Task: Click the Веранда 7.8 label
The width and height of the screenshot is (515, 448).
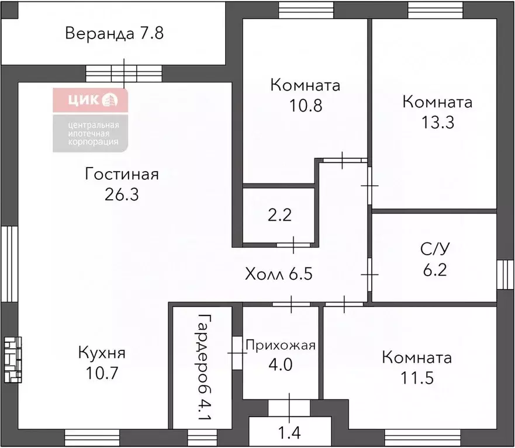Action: (x=115, y=33)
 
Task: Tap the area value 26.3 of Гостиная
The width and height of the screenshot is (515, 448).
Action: (x=122, y=195)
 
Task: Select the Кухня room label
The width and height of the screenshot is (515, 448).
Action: (x=102, y=353)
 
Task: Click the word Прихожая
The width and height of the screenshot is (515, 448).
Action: (x=281, y=345)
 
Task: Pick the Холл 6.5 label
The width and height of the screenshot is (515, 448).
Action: (x=278, y=274)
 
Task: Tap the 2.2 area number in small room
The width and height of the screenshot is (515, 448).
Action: (x=279, y=216)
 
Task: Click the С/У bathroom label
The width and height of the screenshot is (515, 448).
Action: (x=435, y=249)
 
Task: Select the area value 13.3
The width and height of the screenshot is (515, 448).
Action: (x=437, y=123)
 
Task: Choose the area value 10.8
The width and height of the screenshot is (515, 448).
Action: (x=306, y=106)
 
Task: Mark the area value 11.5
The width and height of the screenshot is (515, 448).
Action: (x=417, y=378)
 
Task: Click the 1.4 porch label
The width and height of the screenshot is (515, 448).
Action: (x=289, y=433)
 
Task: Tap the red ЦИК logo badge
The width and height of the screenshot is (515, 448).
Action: (x=91, y=100)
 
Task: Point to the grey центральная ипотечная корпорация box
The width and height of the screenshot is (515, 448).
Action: (x=91, y=133)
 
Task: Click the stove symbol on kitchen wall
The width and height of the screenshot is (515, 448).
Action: (x=13, y=360)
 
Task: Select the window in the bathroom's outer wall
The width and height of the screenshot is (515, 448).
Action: (x=505, y=275)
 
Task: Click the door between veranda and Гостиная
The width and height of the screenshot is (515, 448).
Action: (x=124, y=74)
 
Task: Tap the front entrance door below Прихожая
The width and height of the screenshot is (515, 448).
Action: (x=289, y=408)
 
